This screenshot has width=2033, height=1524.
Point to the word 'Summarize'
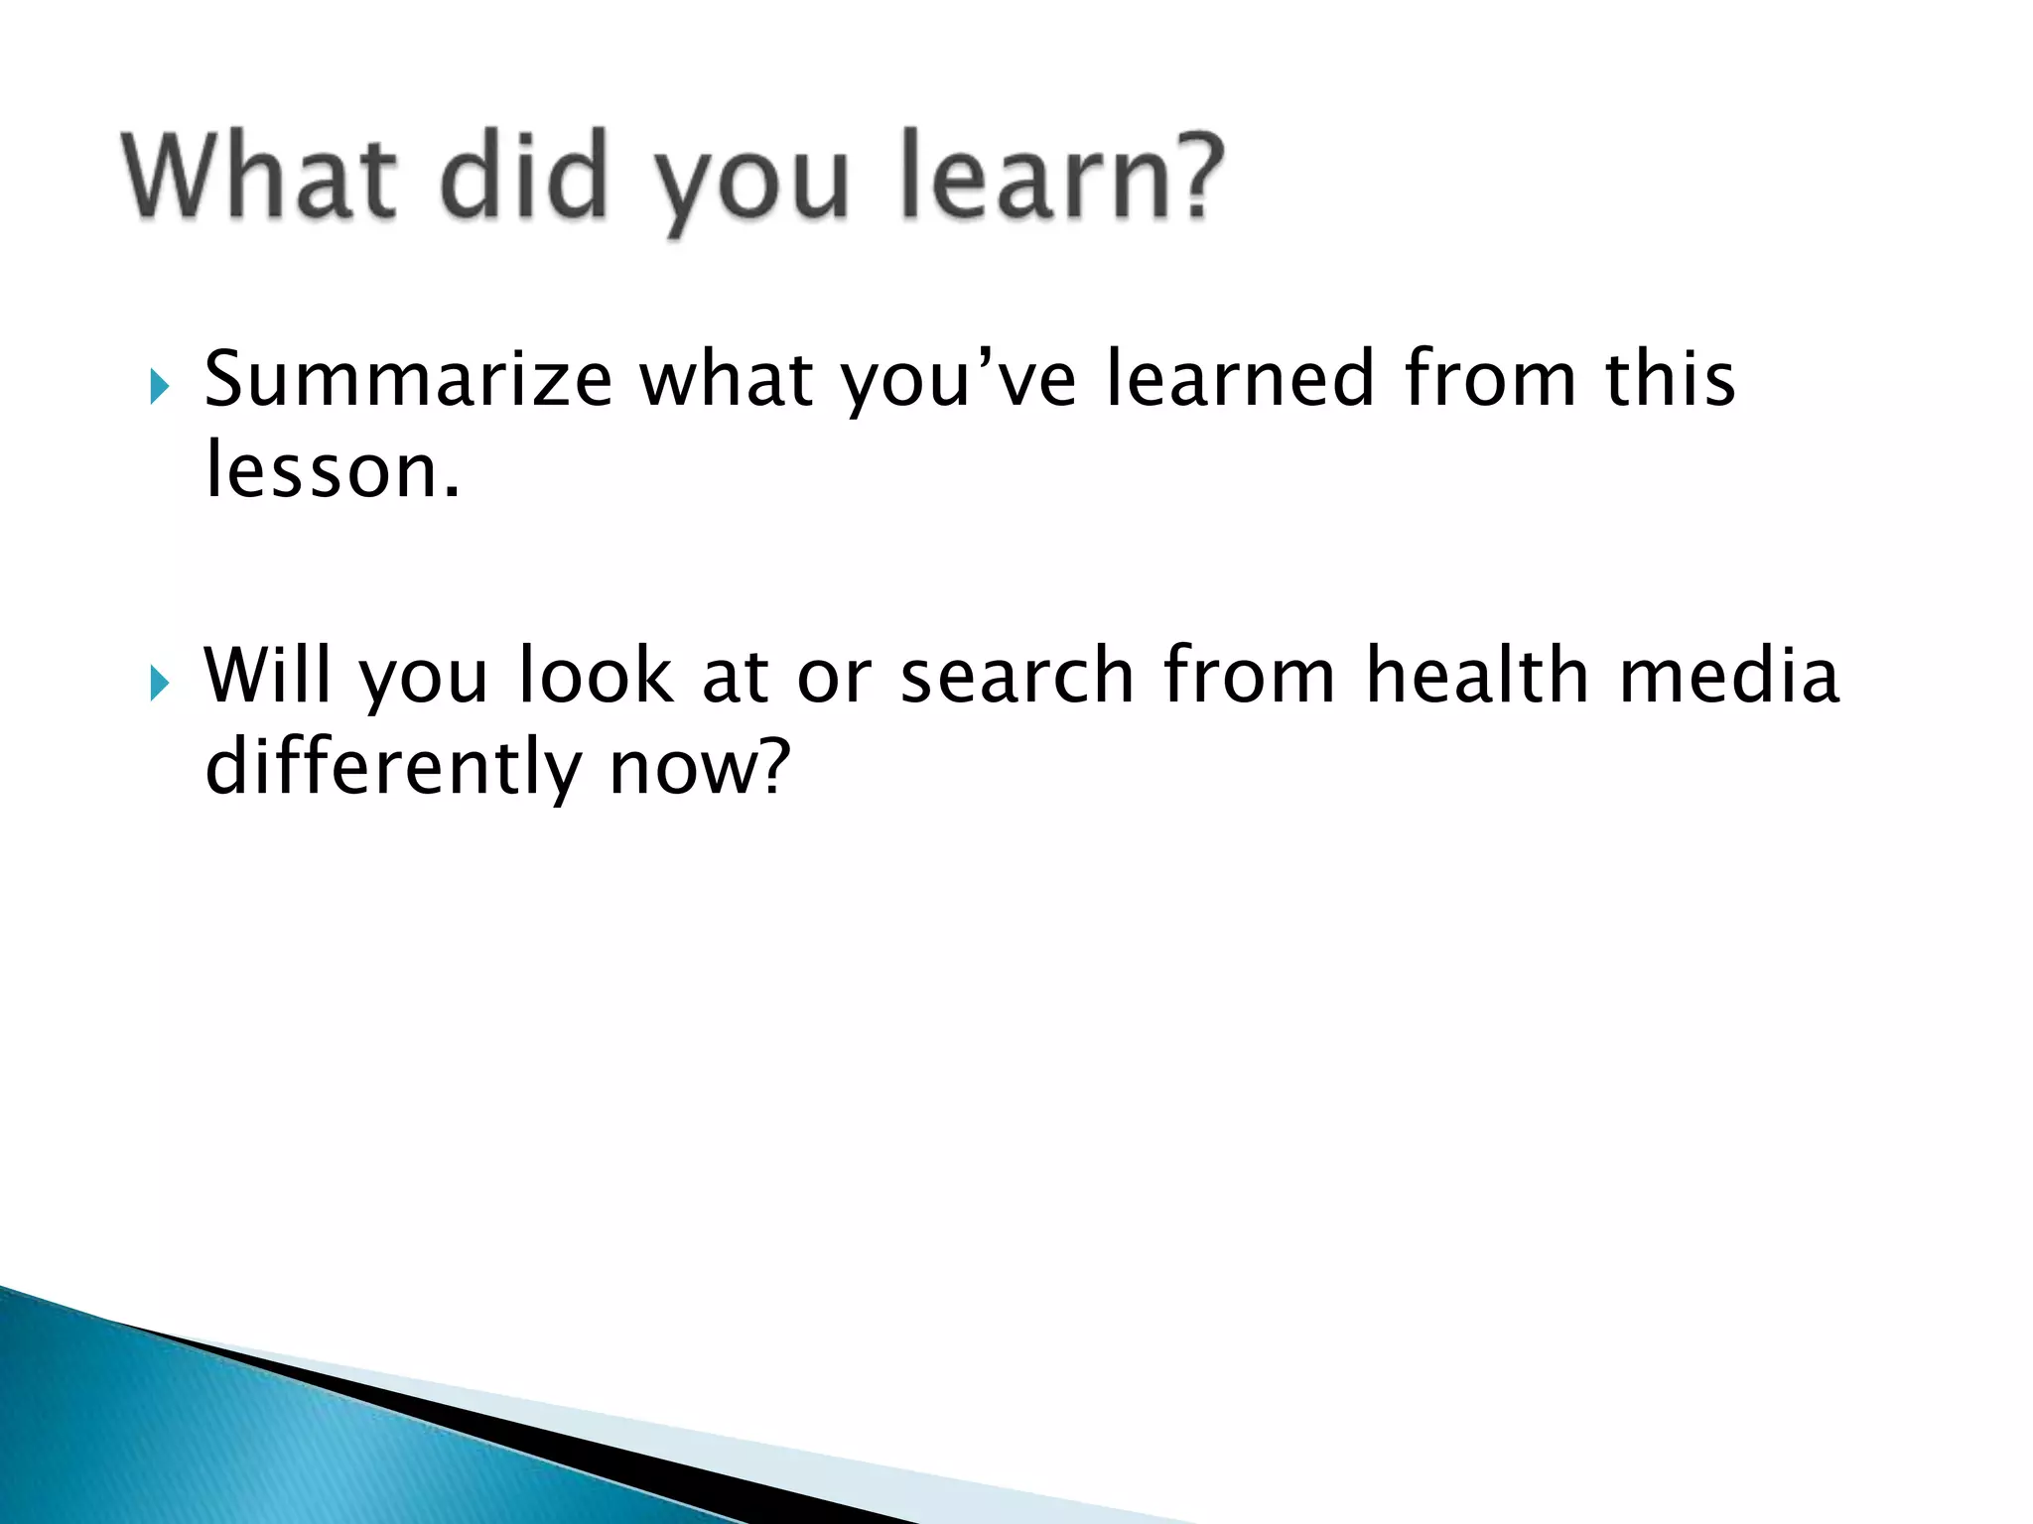[408, 380]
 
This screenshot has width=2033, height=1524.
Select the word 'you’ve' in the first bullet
[959, 380]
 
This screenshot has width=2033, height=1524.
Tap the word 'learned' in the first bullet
[1241, 380]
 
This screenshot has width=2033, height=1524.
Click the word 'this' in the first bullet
[1670, 380]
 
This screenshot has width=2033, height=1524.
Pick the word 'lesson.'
[333, 471]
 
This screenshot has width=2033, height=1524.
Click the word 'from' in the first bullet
[1490, 380]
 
